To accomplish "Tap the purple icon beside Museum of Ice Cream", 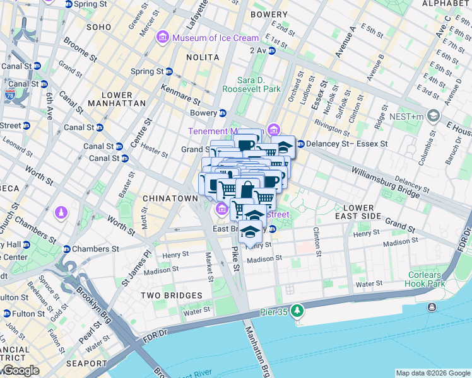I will tap(163, 38).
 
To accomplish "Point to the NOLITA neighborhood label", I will tap(203, 57).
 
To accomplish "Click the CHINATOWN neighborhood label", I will tap(170, 198).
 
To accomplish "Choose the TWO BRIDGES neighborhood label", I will tap(171, 295).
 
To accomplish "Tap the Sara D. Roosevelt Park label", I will tap(259, 84).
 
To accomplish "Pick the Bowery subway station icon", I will tap(222, 113).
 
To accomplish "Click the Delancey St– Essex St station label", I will tap(346, 144).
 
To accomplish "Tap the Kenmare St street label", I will tap(180, 94).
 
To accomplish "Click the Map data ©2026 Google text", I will tap(432, 373).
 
